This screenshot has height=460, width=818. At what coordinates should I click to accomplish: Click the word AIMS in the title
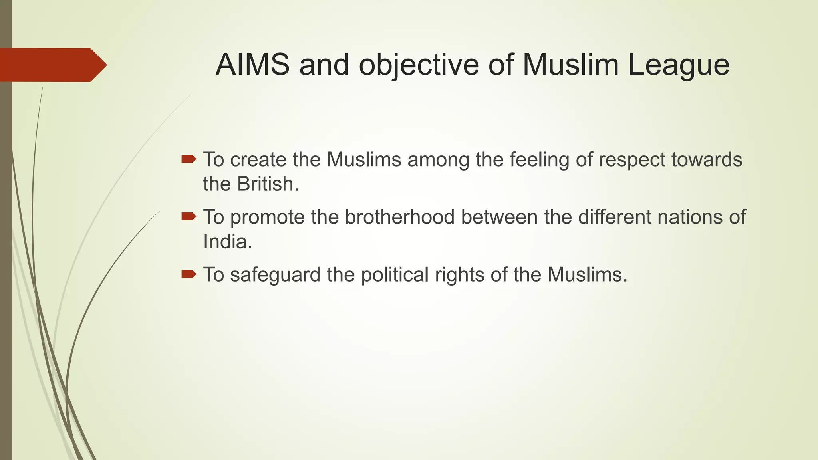[x=252, y=65]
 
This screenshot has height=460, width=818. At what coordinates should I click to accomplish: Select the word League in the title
[x=679, y=65]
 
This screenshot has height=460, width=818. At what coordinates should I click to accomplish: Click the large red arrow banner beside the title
[x=52, y=65]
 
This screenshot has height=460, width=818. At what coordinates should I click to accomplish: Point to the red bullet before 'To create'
[x=189, y=160]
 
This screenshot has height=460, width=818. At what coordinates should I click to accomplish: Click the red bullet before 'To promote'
[x=189, y=217]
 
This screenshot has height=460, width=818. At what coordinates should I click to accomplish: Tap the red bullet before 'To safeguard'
[x=189, y=274]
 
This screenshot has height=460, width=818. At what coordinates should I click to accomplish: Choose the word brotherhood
[x=400, y=217]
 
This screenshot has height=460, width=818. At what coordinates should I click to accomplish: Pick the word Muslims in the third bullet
[x=584, y=274]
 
